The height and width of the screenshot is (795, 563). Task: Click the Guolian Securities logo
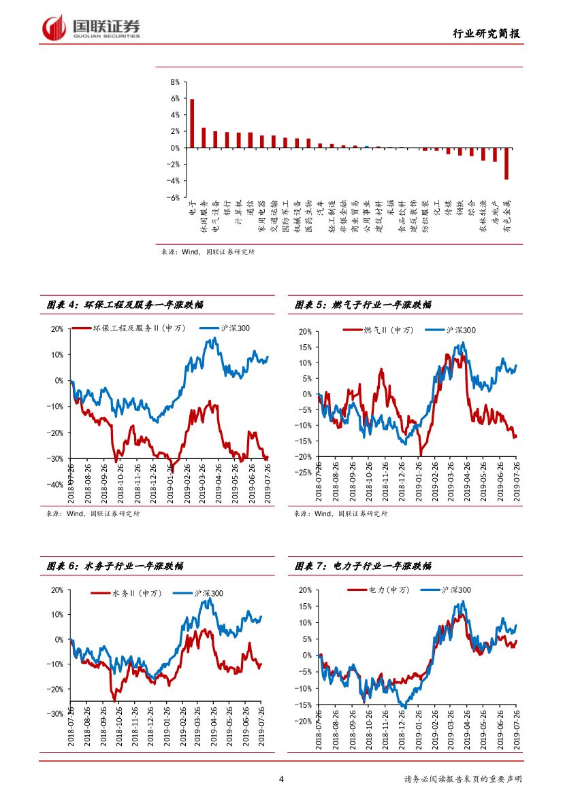point(91,28)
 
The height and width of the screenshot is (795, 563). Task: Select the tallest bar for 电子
point(192,123)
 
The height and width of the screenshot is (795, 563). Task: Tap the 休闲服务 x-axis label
point(203,216)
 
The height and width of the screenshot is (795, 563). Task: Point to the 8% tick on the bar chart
point(174,82)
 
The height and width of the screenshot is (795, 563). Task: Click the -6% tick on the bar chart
point(173,197)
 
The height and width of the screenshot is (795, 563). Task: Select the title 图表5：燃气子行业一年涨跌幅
point(362,305)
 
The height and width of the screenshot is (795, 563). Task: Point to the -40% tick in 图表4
point(56,484)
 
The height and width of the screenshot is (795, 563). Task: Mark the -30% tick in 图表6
point(56,713)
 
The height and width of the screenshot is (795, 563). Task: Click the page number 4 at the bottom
point(281,779)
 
